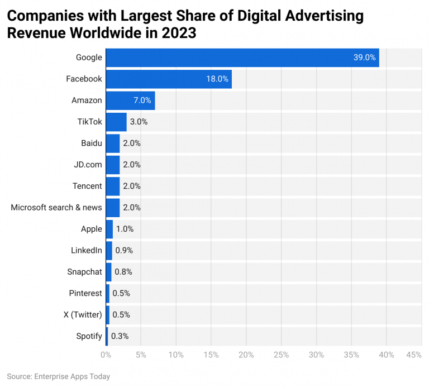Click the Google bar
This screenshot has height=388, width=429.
(x=242, y=58)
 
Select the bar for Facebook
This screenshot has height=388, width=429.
(x=168, y=79)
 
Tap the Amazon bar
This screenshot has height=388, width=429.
(x=130, y=100)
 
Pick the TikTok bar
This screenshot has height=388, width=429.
(x=116, y=122)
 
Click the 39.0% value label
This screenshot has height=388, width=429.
(x=364, y=58)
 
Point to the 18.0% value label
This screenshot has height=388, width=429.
(x=217, y=79)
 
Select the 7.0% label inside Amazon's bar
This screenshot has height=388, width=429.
(x=142, y=100)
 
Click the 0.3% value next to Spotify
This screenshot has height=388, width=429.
(x=119, y=336)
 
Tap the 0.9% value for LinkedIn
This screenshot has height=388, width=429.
(x=124, y=250)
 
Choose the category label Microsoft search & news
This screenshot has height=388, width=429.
(x=56, y=207)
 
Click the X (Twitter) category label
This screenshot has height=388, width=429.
(x=83, y=314)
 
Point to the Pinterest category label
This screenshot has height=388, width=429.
(x=85, y=293)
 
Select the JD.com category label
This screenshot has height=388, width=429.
(x=88, y=165)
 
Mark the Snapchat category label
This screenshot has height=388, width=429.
(x=84, y=272)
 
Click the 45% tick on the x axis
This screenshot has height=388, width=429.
(x=414, y=355)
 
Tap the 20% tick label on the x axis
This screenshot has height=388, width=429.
(x=246, y=355)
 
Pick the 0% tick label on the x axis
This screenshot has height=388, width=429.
(x=106, y=355)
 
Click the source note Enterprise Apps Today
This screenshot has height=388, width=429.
(x=59, y=376)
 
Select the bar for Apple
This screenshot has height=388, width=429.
(x=109, y=229)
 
